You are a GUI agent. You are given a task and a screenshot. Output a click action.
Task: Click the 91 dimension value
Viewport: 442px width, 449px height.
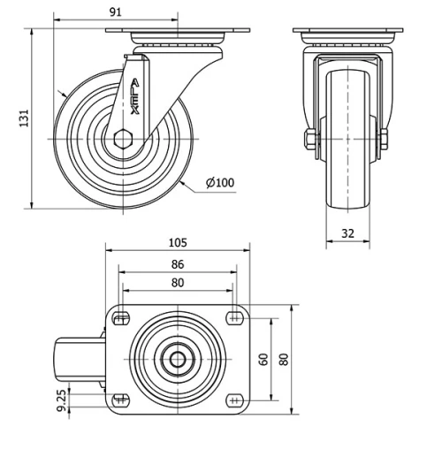point(115,11)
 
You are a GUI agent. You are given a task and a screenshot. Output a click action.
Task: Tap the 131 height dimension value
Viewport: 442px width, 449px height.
point(25,118)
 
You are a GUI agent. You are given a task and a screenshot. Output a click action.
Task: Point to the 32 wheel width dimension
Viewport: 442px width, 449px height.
point(347,233)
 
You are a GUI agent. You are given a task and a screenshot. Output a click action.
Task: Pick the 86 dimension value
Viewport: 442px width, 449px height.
point(177,264)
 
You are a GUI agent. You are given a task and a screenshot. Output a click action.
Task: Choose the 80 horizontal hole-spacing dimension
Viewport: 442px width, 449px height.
point(177,283)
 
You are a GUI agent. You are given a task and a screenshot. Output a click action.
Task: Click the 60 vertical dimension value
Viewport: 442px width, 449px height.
point(263,359)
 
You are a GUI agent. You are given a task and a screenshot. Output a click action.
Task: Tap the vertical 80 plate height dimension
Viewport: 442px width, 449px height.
point(283,359)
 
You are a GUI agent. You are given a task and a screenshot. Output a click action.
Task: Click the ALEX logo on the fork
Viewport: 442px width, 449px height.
point(133,97)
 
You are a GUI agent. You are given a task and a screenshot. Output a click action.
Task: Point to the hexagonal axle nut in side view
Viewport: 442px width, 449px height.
point(123,138)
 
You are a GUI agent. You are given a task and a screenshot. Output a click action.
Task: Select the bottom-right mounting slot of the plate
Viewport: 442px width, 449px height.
point(234,400)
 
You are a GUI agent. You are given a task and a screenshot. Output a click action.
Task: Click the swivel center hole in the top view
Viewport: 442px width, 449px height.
point(178,359)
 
